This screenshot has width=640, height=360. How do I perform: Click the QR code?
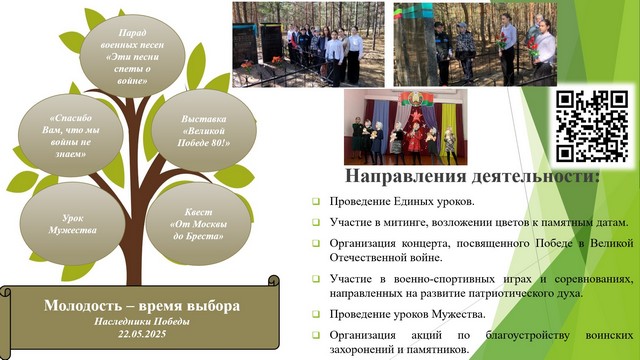click(x=591, y=126)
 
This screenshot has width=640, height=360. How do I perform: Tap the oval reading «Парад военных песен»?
click(x=132, y=56)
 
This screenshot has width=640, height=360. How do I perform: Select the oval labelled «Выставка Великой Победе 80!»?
click(x=204, y=131)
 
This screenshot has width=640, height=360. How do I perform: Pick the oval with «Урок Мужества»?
click(x=73, y=224)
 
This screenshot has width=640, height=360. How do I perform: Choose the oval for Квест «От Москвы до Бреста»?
click(x=198, y=224)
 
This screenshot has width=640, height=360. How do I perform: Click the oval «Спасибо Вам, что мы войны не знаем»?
click(x=71, y=136)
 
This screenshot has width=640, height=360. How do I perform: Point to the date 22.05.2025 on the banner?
click(x=142, y=334)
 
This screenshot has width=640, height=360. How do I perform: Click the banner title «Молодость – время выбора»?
click(x=142, y=306)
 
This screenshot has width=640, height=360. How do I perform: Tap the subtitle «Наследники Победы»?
click(x=142, y=322)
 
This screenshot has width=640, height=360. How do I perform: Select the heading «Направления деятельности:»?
click(x=473, y=176)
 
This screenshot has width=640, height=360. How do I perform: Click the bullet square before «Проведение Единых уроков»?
click(x=316, y=201)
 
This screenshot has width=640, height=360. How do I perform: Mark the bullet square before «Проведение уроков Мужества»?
click(x=316, y=314)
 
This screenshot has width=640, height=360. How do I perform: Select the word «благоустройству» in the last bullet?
click(x=527, y=336)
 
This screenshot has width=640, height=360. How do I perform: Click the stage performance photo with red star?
click(x=405, y=127)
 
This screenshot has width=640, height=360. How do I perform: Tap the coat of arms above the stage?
click(x=411, y=98)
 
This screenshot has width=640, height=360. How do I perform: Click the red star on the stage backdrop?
click(x=417, y=116)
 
